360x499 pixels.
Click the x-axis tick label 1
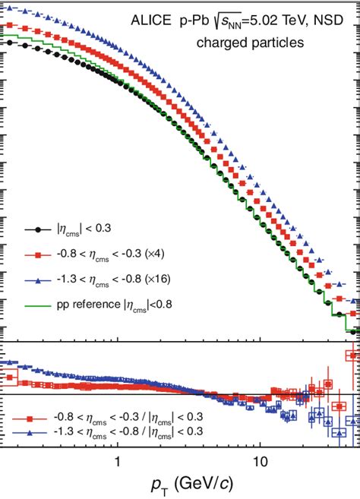pyautogui.click(x=118, y=462)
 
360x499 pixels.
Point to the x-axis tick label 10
pyautogui.click(x=261, y=462)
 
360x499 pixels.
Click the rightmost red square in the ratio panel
pyautogui.click(x=352, y=355)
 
